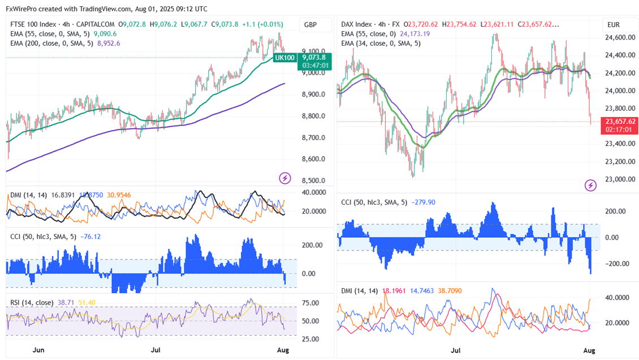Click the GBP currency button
point(310,25)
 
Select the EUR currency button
point(614,25)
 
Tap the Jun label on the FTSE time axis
point(38,350)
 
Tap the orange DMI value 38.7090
point(447,291)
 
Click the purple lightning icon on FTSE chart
point(286,178)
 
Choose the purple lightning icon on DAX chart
point(590,185)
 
